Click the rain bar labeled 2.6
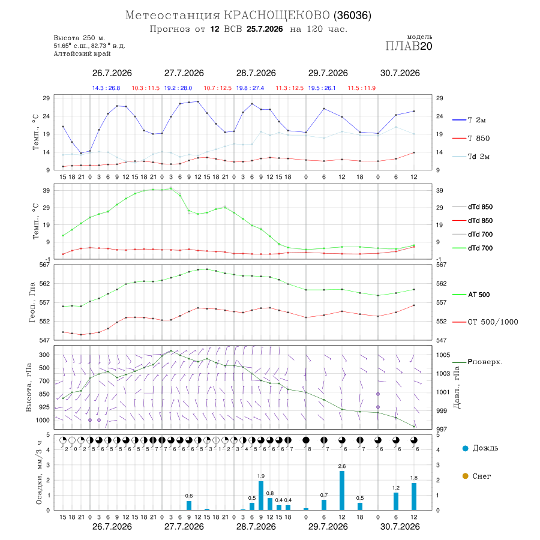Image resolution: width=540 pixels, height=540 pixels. pos(341,490)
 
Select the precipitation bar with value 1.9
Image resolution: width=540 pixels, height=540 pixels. pos(261,496)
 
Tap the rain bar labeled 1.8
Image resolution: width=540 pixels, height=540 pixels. pos(414,496)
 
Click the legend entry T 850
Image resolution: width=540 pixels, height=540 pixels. pos(471,139)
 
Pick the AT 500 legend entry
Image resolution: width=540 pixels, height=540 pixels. pos(471,295)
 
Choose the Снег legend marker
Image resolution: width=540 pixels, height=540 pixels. pos(465,476)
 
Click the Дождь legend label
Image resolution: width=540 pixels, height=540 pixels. pos(485,448)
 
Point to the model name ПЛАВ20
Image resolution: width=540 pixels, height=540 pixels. pos(409,46)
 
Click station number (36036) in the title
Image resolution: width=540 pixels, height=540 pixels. pos(352,16)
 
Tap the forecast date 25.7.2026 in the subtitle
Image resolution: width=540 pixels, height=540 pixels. pos(265,29)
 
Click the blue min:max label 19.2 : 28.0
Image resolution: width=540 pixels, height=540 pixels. pos(178,88)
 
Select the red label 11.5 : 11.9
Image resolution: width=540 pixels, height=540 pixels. pos(362,88)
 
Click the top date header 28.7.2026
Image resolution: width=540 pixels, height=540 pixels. pos(256,73)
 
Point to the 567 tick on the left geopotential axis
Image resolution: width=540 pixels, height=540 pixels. pos(46,265)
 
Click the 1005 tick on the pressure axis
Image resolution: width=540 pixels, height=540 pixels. pos(443,355)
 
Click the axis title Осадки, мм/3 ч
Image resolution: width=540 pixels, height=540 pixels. pos(39,473)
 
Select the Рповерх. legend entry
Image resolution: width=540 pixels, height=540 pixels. pos(478,362)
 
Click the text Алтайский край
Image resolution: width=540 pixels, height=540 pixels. pos(82,53)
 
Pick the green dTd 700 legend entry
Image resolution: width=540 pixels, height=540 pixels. pos(473,248)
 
